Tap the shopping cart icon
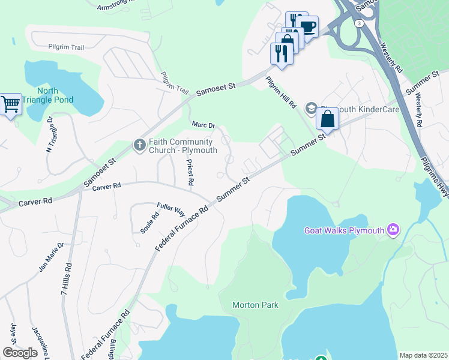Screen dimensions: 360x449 point(10,104)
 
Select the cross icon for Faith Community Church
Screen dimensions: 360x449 point(139,145)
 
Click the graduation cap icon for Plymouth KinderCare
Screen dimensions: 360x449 point(311,108)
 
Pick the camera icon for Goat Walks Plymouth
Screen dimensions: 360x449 point(394,230)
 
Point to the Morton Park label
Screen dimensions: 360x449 point(255,305)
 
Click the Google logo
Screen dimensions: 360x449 point(20,353)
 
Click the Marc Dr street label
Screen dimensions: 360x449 point(203,125)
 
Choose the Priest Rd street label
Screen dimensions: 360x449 point(189,172)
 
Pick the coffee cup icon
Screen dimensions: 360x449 point(307,26)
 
